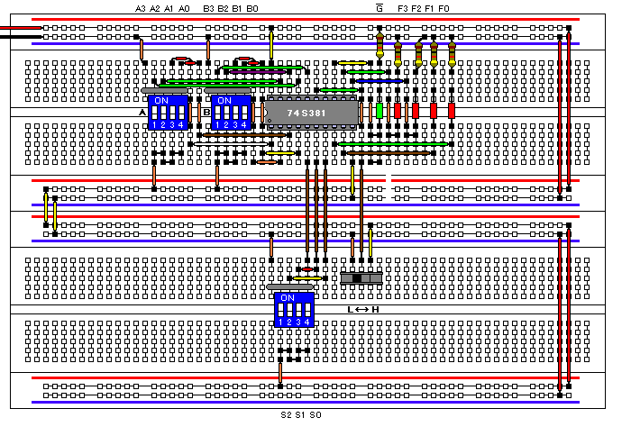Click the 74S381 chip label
click(x=307, y=113)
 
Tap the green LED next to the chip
click(x=380, y=111)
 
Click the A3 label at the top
click(x=141, y=8)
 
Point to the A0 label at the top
click(x=184, y=8)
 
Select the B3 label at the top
click(x=208, y=8)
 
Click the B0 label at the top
click(x=252, y=8)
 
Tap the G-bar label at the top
click(x=379, y=8)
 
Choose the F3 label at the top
click(x=402, y=8)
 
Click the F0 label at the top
click(x=444, y=8)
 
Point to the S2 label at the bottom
click(x=285, y=415)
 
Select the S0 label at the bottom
click(x=315, y=415)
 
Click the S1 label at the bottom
click(x=300, y=415)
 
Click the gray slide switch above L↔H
click(x=361, y=278)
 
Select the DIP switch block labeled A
click(x=169, y=113)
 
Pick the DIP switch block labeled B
click(x=232, y=113)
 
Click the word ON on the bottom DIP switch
click(x=287, y=297)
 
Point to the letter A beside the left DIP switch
click(x=143, y=113)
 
